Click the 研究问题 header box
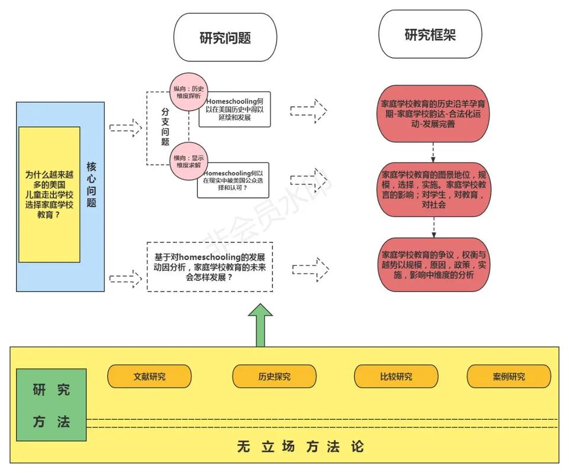pyautogui.click(x=225, y=37)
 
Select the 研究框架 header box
pyautogui.click(x=430, y=35)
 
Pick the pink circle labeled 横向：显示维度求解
pyautogui.click(x=188, y=161)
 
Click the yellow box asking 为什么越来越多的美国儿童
pyautogui.click(x=49, y=195)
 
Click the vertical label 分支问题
pyautogui.click(x=165, y=127)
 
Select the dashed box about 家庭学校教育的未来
pyautogui.click(x=210, y=267)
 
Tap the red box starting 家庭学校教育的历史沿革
pyautogui.click(x=435, y=114)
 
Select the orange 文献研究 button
pyautogui.click(x=149, y=377)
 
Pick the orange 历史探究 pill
pyautogui.click(x=274, y=377)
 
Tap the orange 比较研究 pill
pyautogui.click(x=396, y=377)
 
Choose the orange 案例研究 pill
pyautogui.click(x=509, y=377)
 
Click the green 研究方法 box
pyautogui.click(x=51, y=405)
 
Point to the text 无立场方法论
pyautogui.click(x=300, y=446)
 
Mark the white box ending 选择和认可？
pyautogui.click(x=233, y=180)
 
